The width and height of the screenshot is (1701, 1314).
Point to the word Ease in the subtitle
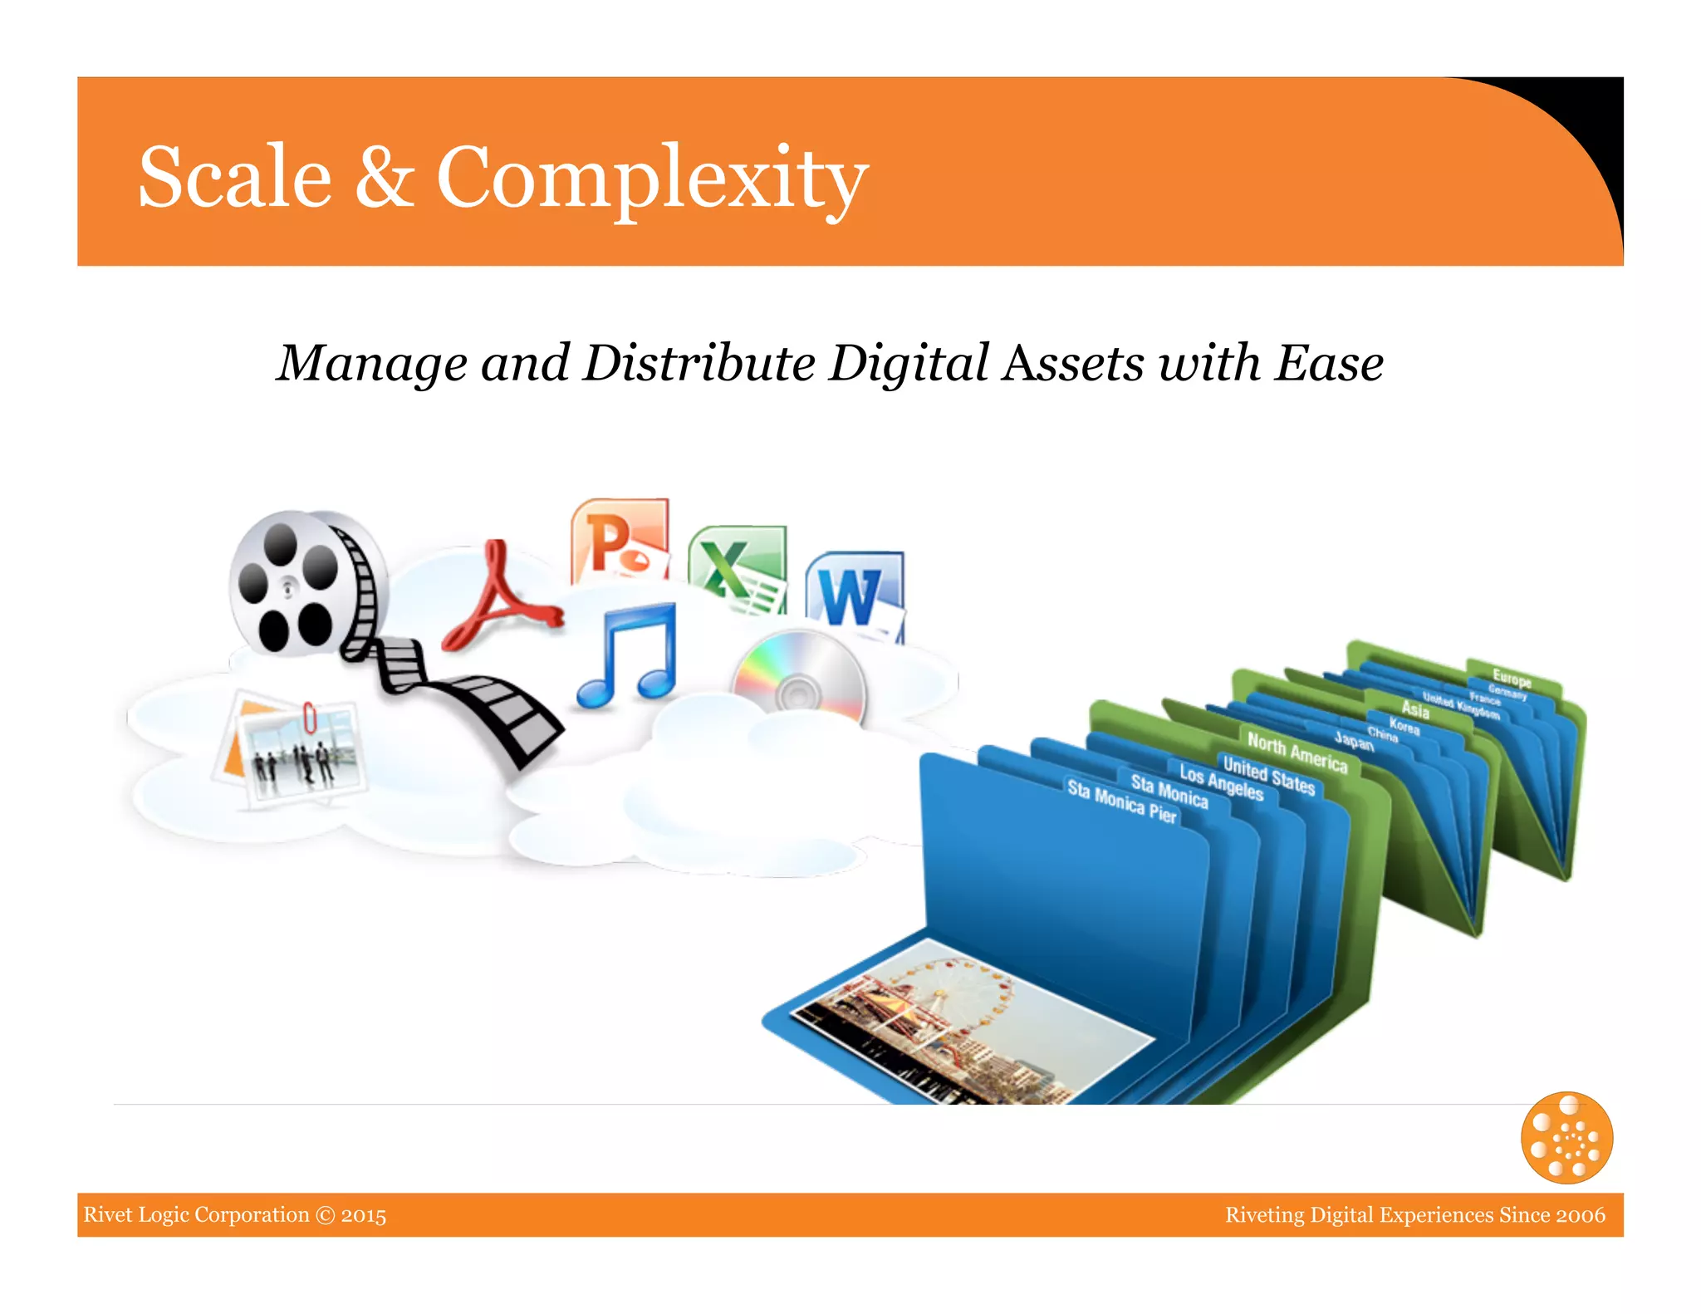pos(1329,363)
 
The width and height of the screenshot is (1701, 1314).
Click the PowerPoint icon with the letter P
pos(620,540)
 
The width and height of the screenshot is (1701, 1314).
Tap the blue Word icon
pos(854,593)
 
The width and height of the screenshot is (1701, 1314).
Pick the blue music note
pos(629,656)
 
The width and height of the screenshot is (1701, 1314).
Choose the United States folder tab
pos(1268,774)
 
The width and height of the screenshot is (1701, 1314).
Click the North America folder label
pos(1297,752)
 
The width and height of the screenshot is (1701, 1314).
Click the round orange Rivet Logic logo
pos(1566,1137)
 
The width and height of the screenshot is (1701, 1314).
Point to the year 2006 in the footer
pos(1581,1214)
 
